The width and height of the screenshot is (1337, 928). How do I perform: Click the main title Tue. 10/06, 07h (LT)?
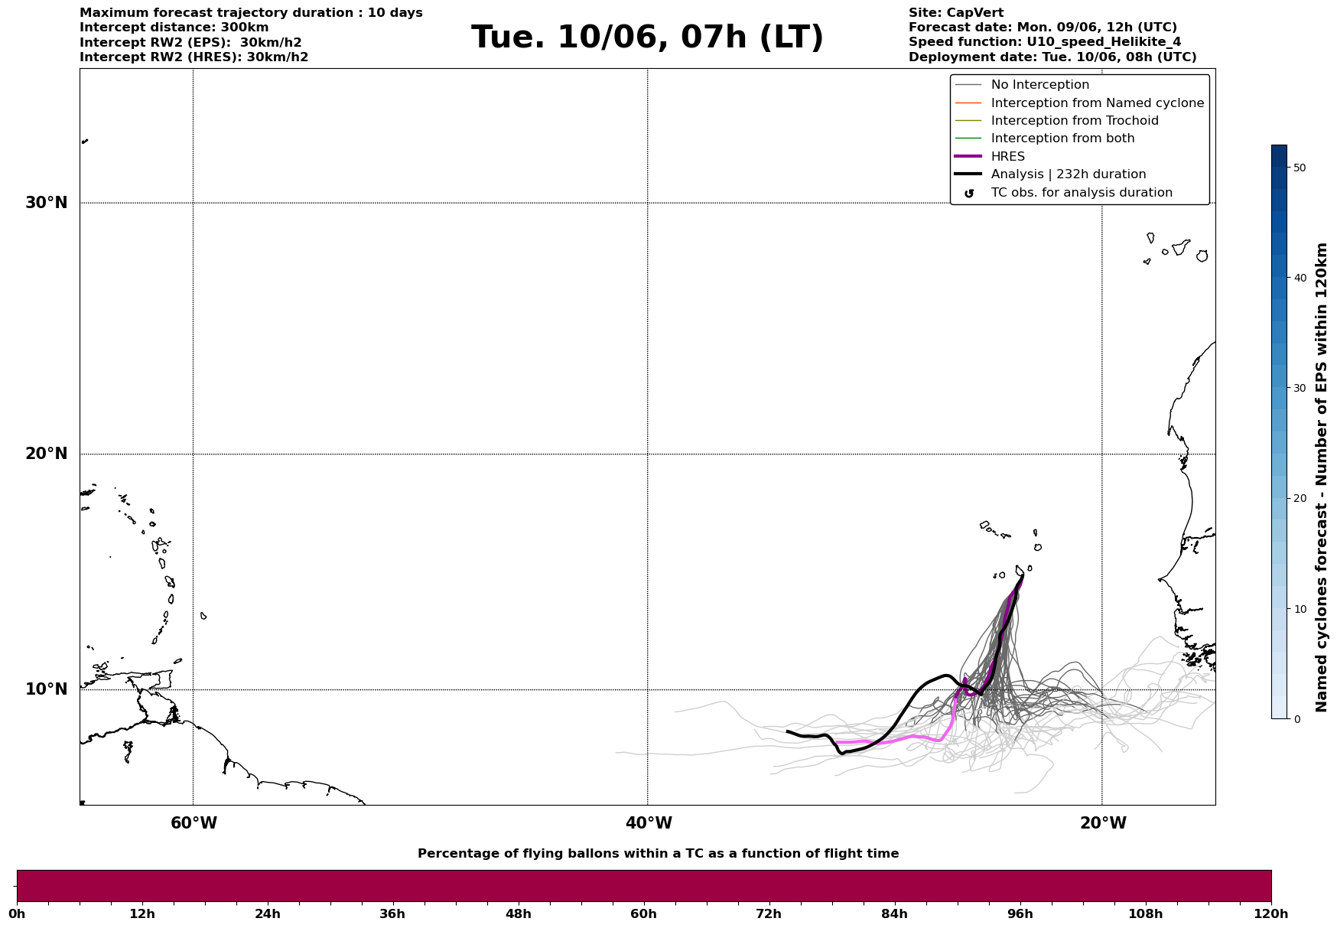tap(647, 37)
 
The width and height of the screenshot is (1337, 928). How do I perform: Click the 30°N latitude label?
tap(47, 203)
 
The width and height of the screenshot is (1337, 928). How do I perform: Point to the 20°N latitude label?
tap(47, 454)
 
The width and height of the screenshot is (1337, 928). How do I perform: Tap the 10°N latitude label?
tap(47, 689)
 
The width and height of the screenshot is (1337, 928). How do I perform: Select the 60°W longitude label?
tap(194, 823)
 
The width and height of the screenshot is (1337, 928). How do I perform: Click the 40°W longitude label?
tap(649, 823)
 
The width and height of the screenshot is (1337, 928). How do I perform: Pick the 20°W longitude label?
tap(1103, 823)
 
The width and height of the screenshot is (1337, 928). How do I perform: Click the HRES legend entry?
tap(1007, 157)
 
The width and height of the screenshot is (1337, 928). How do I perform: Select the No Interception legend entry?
tap(1039, 85)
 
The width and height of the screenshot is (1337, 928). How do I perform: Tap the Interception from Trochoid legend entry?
tap(1074, 121)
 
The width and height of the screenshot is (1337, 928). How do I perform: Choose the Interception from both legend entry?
tap(1062, 138)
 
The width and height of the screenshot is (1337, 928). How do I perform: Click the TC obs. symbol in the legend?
tap(969, 194)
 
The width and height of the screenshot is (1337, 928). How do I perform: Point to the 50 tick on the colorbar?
tap(1299, 168)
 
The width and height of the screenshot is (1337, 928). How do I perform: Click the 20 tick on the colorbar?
tap(1299, 499)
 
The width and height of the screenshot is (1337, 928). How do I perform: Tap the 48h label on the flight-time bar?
tap(518, 913)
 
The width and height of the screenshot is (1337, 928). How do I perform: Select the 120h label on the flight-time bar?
tap(1271, 913)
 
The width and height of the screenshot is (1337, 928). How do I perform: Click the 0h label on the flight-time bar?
tap(17, 913)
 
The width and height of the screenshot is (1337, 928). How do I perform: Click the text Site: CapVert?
tap(955, 13)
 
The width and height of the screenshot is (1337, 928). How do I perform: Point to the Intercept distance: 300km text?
tap(174, 28)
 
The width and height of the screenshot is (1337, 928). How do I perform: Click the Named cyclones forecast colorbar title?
tap(1321, 477)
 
